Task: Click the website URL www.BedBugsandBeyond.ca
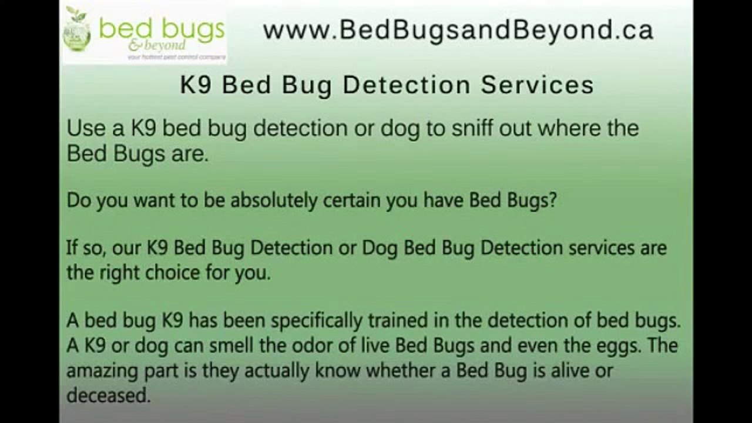point(458,30)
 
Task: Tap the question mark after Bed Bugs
point(551,200)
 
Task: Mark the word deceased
point(108,395)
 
